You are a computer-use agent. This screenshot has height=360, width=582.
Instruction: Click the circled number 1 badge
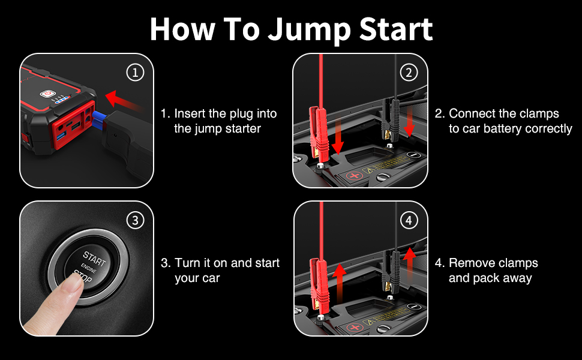tap(135, 73)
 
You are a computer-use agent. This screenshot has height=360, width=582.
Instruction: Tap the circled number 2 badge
tap(409, 73)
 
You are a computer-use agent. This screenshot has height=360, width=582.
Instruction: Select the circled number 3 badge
tap(135, 220)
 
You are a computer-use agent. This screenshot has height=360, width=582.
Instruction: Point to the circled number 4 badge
tap(409, 220)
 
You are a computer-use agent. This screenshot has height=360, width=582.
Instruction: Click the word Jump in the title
tap(309, 29)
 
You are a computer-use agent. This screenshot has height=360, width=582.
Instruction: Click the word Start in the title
tap(395, 29)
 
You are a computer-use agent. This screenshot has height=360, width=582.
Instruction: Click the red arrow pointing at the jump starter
tap(124, 101)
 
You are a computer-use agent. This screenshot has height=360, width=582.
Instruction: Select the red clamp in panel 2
tap(318, 136)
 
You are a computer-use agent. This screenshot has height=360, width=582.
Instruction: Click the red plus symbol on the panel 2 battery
tap(355, 176)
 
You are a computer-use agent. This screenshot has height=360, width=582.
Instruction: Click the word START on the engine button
tap(94, 259)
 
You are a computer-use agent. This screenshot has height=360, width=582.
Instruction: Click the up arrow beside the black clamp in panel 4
tap(409, 263)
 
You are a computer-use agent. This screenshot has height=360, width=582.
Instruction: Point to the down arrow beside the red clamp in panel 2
tap(338, 136)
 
